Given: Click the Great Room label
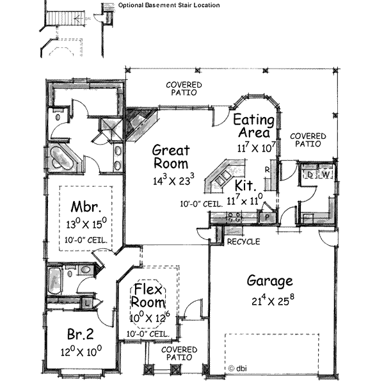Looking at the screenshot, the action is click(171, 157).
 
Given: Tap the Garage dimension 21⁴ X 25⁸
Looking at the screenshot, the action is click(273, 300).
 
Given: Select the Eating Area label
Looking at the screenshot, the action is click(253, 126).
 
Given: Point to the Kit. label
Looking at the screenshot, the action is click(245, 186).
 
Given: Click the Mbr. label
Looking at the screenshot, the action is click(86, 207).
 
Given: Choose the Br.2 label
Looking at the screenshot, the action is click(81, 334).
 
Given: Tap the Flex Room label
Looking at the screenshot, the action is click(148, 296).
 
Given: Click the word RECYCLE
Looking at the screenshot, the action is click(243, 242).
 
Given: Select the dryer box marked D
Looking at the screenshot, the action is click(310, 174).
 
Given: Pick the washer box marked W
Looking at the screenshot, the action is click(325, 174).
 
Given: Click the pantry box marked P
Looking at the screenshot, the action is click(267, 218).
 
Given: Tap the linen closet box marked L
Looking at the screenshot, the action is click(86, 303).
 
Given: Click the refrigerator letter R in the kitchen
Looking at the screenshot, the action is click(267, 170).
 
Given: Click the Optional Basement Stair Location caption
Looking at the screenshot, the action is click(169, 5).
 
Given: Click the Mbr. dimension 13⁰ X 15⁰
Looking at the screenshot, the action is click(86, 224).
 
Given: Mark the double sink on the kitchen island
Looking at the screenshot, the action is click(223, 177).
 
